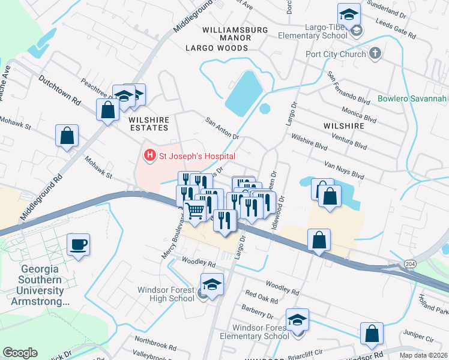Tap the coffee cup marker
tap(79, 245)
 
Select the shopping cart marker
tap(196, 211)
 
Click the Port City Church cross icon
tap(375, 54)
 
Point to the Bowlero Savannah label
tap(414, 98)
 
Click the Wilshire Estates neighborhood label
tap(148, 124)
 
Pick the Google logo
tap(20, 353)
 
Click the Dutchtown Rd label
tap(59, 90)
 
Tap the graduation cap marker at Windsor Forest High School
tap(212, 284)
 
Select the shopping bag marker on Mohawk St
tap(67, 136)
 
